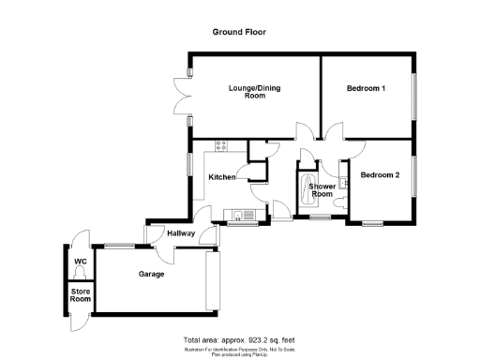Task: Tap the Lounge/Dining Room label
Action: (x=255, y=92)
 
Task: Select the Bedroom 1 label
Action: (x=367, y=88)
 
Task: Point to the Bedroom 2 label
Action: (x=381, y=175)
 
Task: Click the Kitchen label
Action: (x=221, y=177)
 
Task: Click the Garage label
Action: (x=152, y=275)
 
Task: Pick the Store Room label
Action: (x=80, y=297)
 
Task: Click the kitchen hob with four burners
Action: (x=222, y=145)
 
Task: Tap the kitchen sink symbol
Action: (x=245, y=217)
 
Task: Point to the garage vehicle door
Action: (x=212, y=281)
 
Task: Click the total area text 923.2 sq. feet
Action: (x=240, y=338)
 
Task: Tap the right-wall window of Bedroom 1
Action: (x=414, y=90)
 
